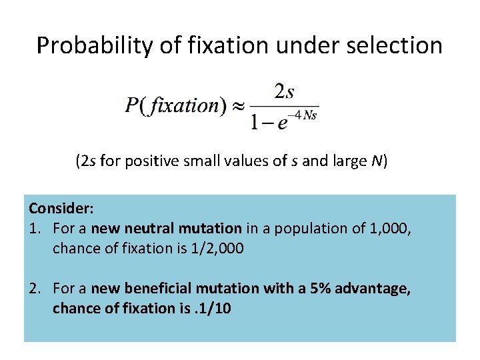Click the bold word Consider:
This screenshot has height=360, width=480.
[x=57, y=209]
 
